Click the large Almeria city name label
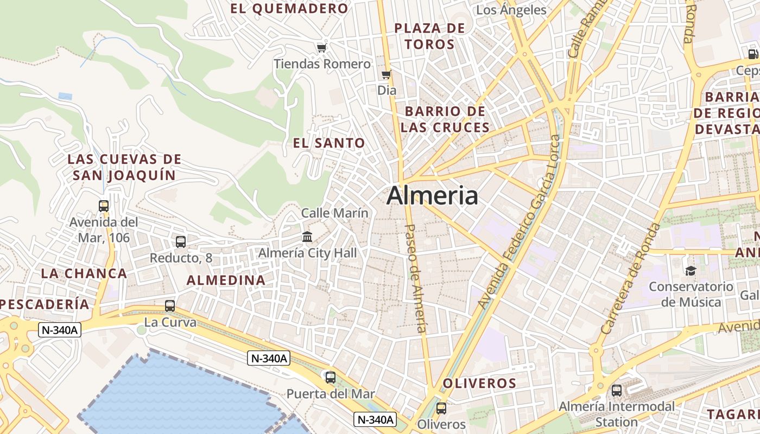432,196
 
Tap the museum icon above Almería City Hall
307,237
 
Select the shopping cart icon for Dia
387,75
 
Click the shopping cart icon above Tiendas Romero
322,48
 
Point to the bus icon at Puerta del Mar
330,377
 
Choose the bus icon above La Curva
170,306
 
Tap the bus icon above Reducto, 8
181,242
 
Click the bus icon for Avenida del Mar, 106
104,206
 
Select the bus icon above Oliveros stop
441,409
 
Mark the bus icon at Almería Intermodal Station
617,390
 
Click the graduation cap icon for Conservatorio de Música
691,271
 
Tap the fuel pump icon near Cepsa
753,54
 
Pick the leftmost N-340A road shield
60,329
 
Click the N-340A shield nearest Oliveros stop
376,419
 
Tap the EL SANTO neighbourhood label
329,143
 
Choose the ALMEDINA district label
226,280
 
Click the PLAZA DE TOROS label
430,36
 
